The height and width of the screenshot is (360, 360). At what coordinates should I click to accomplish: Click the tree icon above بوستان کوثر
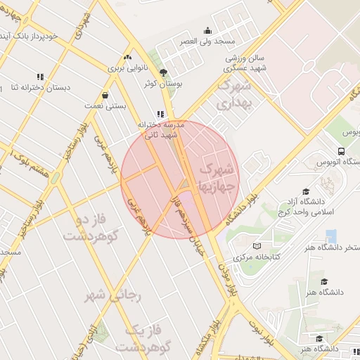coord(163,72)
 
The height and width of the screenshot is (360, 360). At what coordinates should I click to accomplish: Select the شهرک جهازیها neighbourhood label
coord(215,179)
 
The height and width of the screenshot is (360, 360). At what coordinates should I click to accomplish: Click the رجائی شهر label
coord(114,295)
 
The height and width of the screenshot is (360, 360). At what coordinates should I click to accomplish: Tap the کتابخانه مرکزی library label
coord(257,258)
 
